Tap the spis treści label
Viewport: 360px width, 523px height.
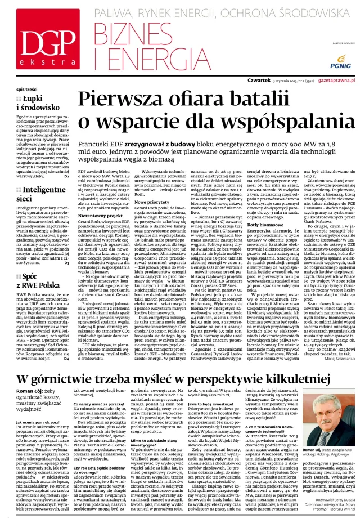[x=28, y=90]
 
